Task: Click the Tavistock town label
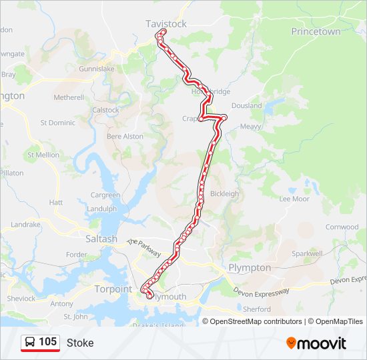point(166,24)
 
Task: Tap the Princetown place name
point(316,31)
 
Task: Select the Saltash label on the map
point(101,239)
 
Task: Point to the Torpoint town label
point(113,289)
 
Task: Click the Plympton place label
point(250,267)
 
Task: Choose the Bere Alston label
point(125,136)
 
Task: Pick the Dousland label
point(247,105)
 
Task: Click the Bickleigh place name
point(224,194)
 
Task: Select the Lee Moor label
point(294,199)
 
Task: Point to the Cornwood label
point(342,227)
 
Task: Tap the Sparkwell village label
point(307,253)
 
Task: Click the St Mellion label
point(43,155)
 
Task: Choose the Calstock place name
point(105,110)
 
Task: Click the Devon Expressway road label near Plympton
point(261,291)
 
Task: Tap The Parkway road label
point(144,248)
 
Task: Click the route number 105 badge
point(41,342)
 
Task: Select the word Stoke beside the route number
point(80,343)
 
